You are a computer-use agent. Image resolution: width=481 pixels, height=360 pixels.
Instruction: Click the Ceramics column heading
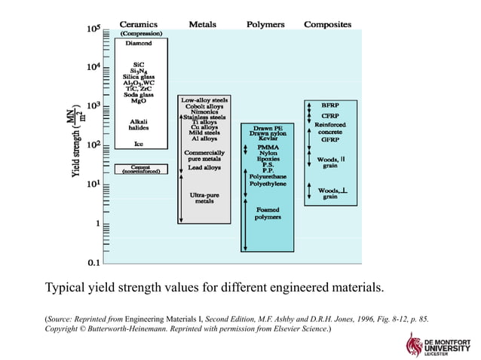[138, 24]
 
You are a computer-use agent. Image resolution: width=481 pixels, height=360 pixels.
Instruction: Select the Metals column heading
[202, 24]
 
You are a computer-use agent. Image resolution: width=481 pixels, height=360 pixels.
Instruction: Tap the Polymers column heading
[265, 24]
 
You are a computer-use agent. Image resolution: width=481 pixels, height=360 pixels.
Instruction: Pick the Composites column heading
[327, 24]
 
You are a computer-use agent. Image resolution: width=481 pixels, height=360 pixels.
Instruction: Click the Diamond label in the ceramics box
[138, 43]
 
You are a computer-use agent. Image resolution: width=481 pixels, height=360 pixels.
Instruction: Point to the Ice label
[138, 143]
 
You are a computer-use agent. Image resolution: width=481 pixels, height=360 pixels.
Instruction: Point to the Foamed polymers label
[268, 213]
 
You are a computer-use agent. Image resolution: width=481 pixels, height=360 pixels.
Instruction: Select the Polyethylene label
[268, 183]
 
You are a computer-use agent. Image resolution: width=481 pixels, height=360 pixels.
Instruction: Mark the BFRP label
[329, 105]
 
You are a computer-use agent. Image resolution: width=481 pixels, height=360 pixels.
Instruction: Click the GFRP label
[329, 139]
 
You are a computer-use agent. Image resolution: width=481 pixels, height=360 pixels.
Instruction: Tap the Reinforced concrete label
[329, 128]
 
